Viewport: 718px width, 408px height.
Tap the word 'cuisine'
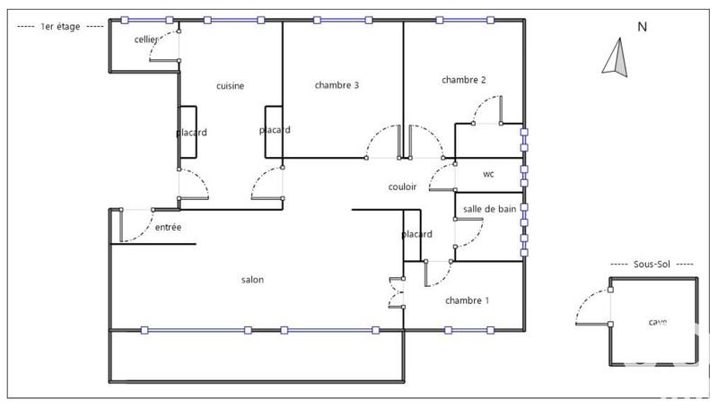coord(231,86)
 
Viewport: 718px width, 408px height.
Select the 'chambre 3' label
coord(337,86)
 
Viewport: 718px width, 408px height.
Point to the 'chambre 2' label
coord(464,80)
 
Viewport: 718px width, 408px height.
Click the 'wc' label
coord(488,174)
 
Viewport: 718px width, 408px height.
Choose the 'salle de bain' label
coord(489,209)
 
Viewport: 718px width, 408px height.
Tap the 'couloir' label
coord(403,187)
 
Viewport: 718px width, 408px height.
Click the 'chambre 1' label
coord(467,300)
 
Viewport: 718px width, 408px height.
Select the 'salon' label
coord(252,280)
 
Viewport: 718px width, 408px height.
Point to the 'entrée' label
coord(168,228)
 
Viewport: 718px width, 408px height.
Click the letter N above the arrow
coord(642,27)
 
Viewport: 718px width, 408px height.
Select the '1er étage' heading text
coord(61,27)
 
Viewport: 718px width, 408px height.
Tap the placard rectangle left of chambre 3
coord(274,133)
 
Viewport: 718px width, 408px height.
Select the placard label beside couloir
coord(416,234)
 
